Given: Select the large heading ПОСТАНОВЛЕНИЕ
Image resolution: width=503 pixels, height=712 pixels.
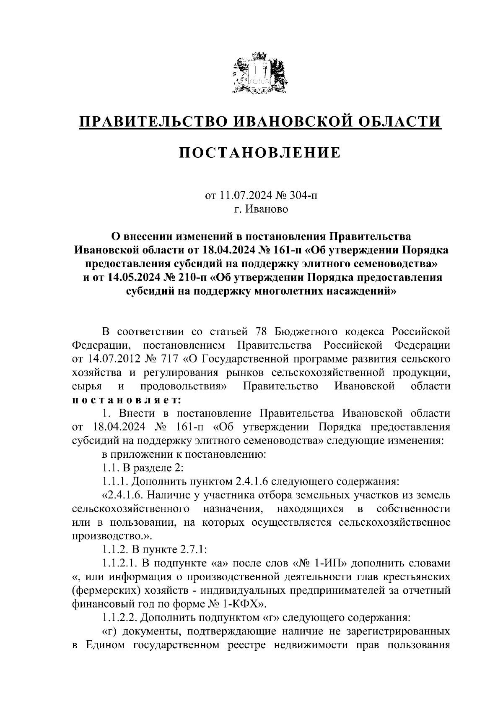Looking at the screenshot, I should point(260,153).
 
